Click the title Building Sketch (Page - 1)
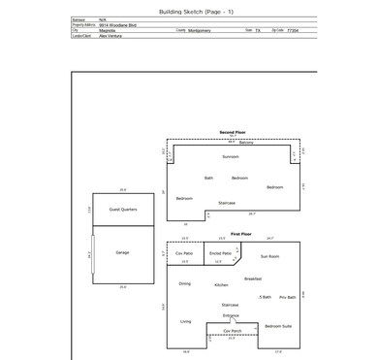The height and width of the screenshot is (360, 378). coord(188,8)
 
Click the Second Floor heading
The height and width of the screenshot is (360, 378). coord(233,132)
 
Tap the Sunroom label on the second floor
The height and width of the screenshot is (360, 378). coord(231,156)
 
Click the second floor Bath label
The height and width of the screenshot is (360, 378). coord(208,178)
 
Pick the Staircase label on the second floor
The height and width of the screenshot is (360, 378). coord(227,202)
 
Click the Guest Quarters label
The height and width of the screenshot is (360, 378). coord(123,209)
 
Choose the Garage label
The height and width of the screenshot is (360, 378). coord(122,252)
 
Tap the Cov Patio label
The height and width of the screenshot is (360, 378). coord(184,252)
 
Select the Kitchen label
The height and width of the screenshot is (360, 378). coord(221,285)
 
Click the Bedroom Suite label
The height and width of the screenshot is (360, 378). coord(278,326)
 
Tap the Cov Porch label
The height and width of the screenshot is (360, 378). coord(232,330)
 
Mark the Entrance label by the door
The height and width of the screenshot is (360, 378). coord(231,315)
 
